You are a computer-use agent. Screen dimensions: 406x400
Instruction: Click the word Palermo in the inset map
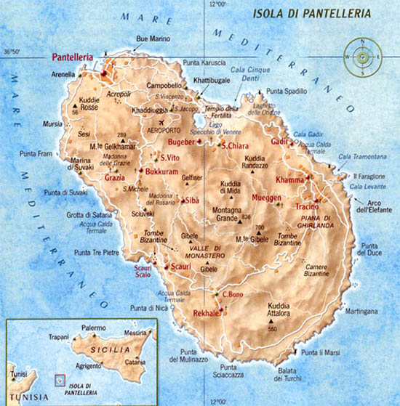coord(92,329)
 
